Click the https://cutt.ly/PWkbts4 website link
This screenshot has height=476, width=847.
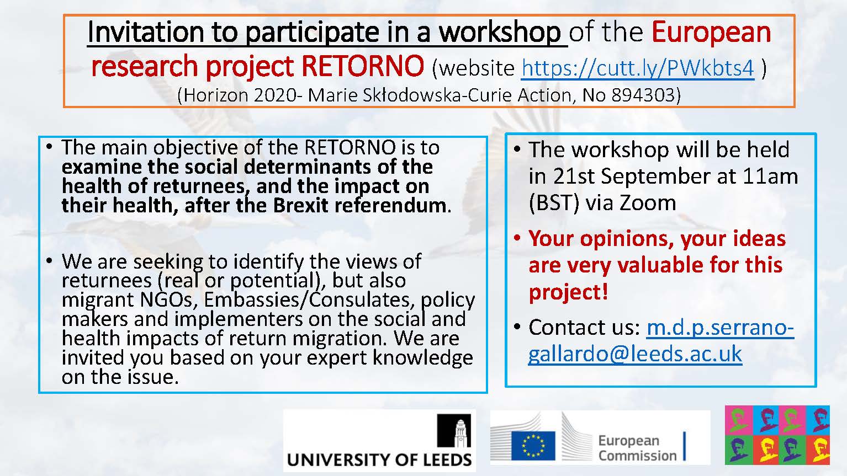pos(638,68)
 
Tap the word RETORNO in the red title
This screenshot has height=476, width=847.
pos(363,66)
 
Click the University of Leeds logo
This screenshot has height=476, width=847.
pos(379,441)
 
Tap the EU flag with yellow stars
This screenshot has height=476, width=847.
pos(533,446)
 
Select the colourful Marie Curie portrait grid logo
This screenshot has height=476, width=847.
pos(777,435)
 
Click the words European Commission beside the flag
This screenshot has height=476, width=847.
pos(637,448)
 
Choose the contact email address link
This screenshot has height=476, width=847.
pos(660,341)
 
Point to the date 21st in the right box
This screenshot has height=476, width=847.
pos(574,177)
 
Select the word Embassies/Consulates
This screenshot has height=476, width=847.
pos(306,300)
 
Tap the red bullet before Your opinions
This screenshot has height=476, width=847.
pos(517,239)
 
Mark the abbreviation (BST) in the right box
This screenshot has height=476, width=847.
pos(554,203)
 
